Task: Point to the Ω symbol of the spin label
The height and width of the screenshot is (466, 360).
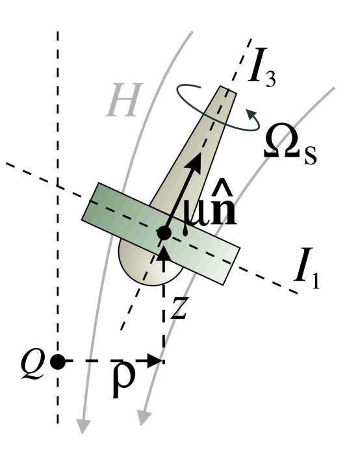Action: pos(283,144)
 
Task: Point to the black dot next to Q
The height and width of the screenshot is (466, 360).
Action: pos(57,361)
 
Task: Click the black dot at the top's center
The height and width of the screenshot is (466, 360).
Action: pos(164,232)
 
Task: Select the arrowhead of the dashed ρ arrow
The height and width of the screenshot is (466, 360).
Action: pos(155,361)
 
